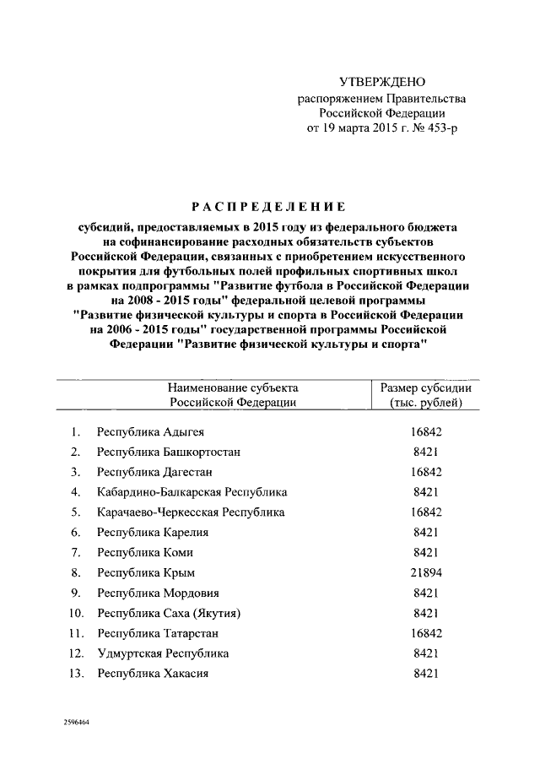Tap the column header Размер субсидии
[425, 387]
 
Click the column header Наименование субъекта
[232, 387]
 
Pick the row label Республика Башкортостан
[169, 452]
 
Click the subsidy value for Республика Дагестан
[425, 472]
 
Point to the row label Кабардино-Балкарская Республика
[192, 492]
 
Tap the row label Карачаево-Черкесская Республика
[191, 512]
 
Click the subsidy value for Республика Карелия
[425, 533]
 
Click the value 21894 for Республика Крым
[425, 573]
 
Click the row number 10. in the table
[76, 614]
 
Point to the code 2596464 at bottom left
[77, 724]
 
